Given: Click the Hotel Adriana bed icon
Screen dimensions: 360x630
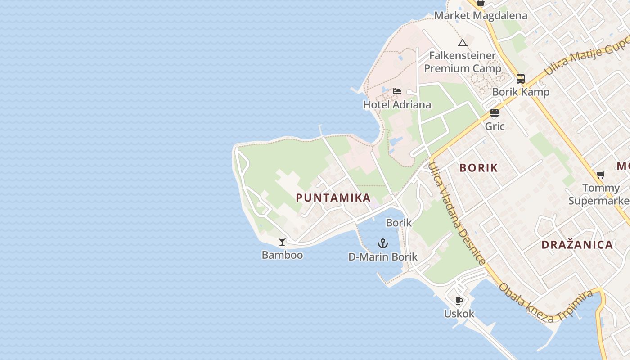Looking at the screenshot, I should click(x=396, y=91).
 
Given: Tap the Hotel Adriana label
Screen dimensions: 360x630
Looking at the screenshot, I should click(x=397, y=105).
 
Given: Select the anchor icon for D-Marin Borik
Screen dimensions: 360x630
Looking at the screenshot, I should click(x=382, y=244).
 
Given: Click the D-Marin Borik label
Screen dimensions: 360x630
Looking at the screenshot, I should click(x=383, y=257).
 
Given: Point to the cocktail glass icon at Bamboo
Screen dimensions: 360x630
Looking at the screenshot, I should click(x=282, y=242).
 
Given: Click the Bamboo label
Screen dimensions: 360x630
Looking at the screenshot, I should click(x=282, y=255).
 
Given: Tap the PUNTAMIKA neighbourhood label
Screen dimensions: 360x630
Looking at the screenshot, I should click(x=333, y=198).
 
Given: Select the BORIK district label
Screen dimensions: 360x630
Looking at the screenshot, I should click(x=479, y=168).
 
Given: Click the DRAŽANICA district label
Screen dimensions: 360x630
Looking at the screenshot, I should click(x=577, y=245).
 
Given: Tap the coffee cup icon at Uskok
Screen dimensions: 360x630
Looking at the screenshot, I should click(x=459, y=301).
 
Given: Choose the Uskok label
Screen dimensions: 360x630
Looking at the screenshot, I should click(x=459, y=314).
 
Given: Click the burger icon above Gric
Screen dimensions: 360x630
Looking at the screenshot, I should click(x=495, y=113).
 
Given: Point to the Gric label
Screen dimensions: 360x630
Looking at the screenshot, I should click(x=495, y=126).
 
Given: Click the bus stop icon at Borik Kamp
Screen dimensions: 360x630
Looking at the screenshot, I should click(x=521, y=79).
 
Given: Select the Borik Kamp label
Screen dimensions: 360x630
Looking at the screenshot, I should click(x=521, y=92).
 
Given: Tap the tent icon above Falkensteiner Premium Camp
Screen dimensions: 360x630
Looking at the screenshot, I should click(x=462, y=43).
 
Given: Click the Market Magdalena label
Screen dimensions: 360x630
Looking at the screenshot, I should click(x=481, y=16).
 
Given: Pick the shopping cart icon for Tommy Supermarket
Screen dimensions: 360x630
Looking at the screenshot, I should click(x=601, y=175).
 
